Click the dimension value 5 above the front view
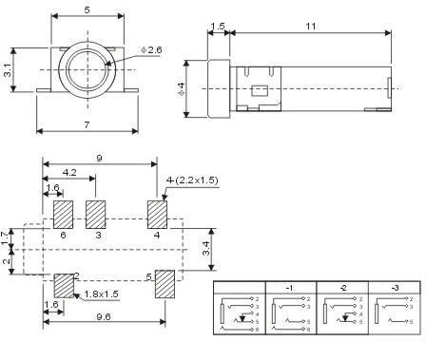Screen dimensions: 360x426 [x=87, y=9]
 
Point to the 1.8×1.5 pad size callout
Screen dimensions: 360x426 [x=100, y=294]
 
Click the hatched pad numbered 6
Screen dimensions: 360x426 [x=64, y=214]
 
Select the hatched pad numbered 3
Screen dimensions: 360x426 [x=96, y=214]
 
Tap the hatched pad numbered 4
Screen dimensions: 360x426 [x=157, y=214]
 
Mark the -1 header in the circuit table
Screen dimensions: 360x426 [x=290, y=287]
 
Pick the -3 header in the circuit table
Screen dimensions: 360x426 [x=394, y=287]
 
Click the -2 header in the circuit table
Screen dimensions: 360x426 [x=341, y=287]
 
